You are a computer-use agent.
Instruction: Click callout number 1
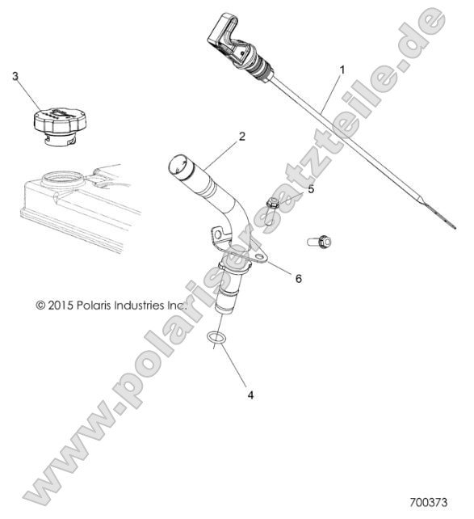342,70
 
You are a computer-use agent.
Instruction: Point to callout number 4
250,395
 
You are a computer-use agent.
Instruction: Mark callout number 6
298,278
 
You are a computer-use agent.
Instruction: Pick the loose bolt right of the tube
321,240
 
